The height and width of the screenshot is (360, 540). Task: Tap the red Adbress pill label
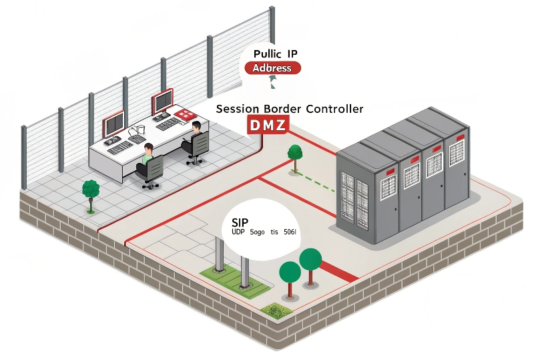click(272, 68)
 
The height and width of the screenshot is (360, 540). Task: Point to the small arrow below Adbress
click(271, 82)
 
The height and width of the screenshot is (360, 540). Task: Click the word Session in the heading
click(240, 109)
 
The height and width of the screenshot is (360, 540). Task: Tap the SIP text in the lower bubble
click(240, 222)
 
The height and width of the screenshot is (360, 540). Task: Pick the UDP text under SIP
click(238, 232)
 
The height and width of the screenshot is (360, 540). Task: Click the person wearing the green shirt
click(148, 161)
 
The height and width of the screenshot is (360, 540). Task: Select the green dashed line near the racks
click(318, 182)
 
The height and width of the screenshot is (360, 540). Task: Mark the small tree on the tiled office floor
click(90, 192)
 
